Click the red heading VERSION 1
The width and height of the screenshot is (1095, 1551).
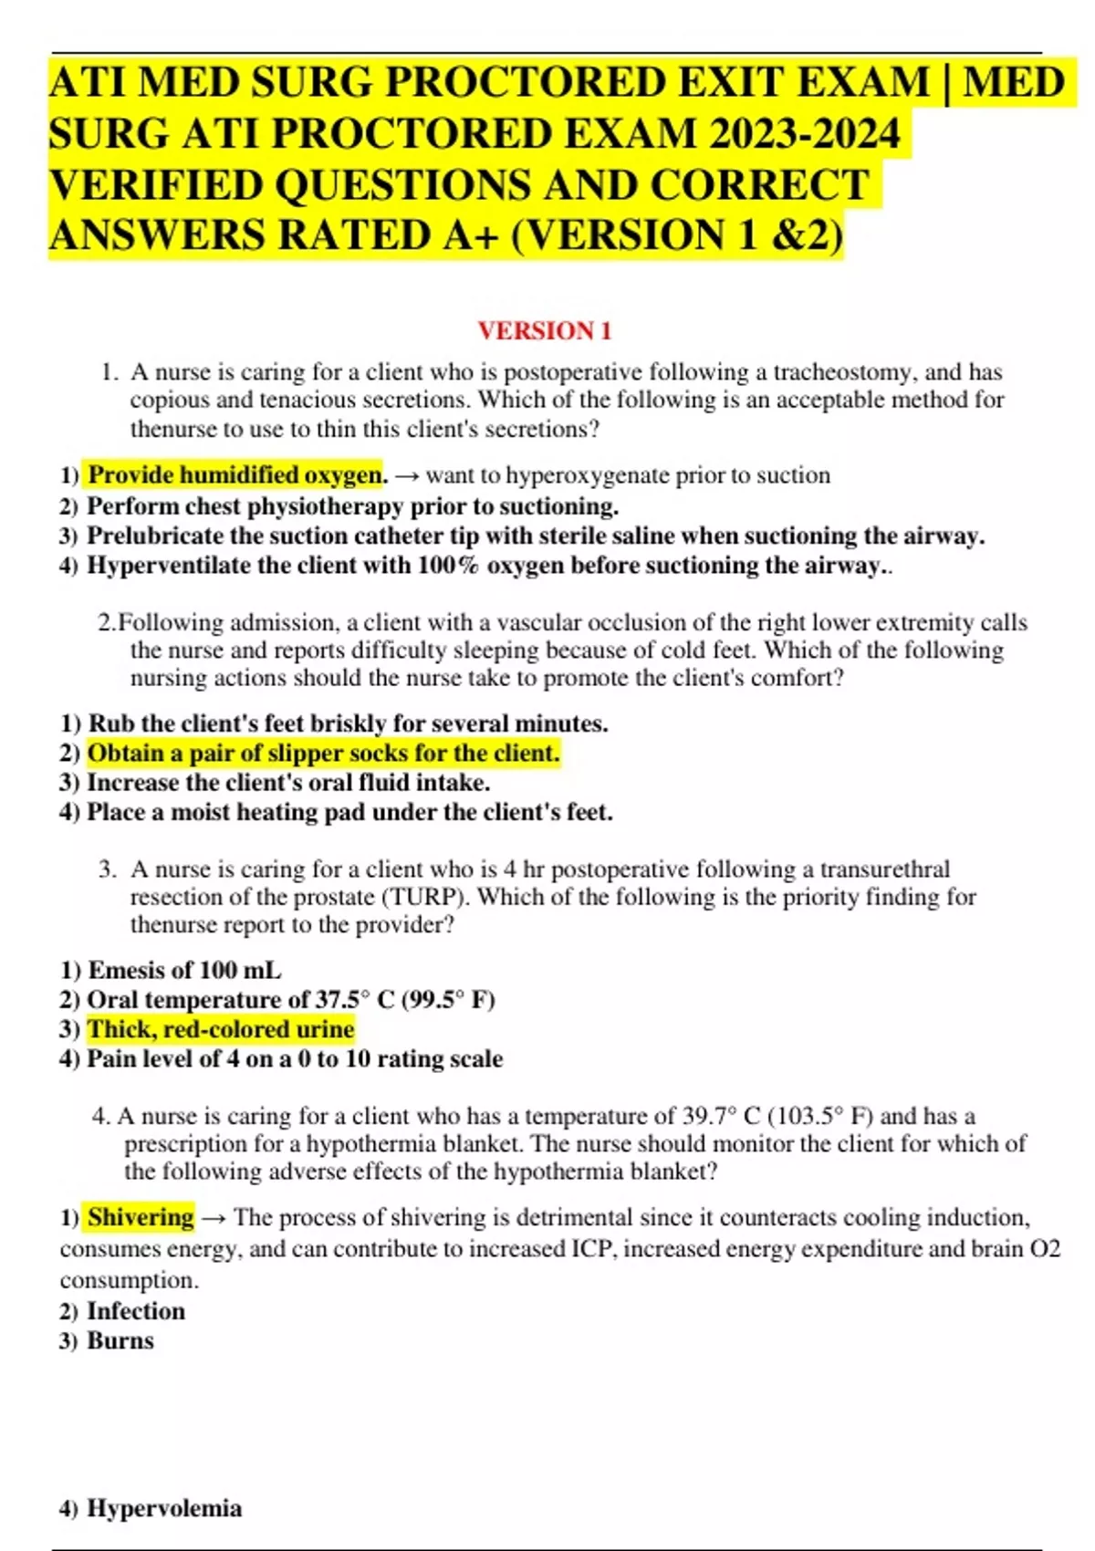(x=544, y=330)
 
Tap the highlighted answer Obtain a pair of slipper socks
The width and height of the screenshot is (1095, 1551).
(x=323, y=754)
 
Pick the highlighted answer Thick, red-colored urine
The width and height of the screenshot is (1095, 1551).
(x=221, y=1029)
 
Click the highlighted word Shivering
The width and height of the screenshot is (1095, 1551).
(x=141, y=1217)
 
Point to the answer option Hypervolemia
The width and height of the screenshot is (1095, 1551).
(x=164, y=1508)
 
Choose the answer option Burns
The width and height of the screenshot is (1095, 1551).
(x=120, y=1340)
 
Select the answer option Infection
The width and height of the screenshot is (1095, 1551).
(x=136, y=1311)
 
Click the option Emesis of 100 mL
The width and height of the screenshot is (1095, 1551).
(x=184, y=970)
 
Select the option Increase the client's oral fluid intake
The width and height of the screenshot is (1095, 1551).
(x=288, y=783)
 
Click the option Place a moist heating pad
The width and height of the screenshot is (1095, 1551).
(x=349, y=812)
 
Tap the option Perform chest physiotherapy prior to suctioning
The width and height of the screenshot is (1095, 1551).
(x=352, y=505)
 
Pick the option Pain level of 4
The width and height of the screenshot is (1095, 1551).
(x=294, y=1058)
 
